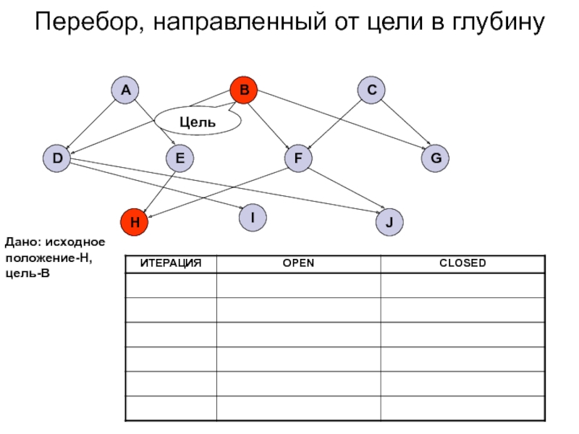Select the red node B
[244, 90]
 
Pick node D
[56, 158]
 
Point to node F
[297, 158]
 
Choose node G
[435, 158]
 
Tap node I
[253, 217]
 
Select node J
[389, 222]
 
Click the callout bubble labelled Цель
[198, 122]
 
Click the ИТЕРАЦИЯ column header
[170, 263]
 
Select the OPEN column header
[298, 263]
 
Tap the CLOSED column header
[462, 263]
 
